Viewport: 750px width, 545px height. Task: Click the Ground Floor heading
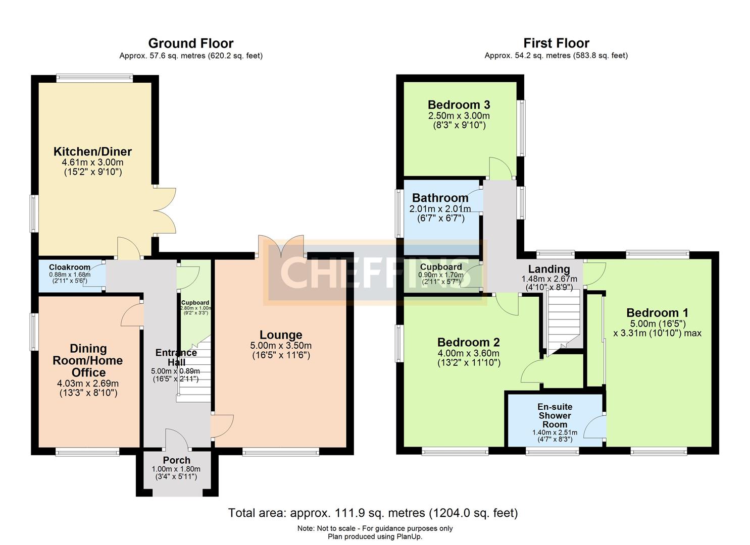point(190,43)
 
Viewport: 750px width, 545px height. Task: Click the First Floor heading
point(556,43)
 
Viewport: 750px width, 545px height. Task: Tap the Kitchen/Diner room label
point(92,151)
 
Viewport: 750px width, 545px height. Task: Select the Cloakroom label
point(70,267)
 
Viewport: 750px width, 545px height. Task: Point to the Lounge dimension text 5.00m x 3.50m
point(281,346)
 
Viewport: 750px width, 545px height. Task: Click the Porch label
point(176,460)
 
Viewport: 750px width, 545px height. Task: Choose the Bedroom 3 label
point(459,105)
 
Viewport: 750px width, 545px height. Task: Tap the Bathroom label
point(440,198)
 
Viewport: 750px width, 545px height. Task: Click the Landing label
point(549,269)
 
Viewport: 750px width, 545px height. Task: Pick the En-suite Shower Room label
point(555,415)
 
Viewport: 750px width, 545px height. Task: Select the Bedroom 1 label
point(657,313)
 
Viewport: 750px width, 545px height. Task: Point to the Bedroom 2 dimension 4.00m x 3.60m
point(468,353)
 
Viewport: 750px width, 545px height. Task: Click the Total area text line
point(373,513)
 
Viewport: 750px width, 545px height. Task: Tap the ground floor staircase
point(194,371)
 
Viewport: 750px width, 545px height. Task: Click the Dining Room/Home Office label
point(88,360)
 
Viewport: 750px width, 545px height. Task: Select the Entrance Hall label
point(176,357)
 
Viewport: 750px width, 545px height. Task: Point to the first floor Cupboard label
point(441,267)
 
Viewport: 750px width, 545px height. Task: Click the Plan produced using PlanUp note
point(375,536)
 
